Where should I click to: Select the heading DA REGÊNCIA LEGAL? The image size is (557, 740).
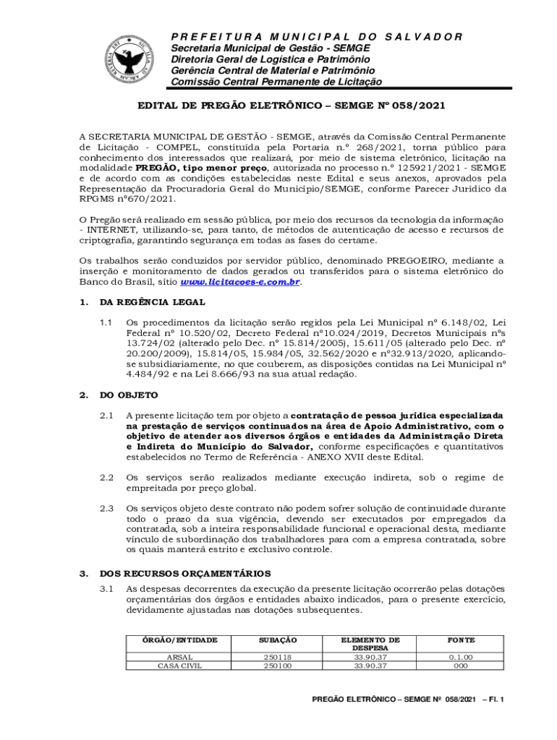(x=143, y=302)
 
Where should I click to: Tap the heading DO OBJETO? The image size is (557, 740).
(x=128, y=395)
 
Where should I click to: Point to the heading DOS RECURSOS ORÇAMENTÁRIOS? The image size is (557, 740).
(x=185, y=574)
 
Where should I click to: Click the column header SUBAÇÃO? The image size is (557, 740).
(x=278, y=640)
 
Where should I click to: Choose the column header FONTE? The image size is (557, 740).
(x=461, y=640)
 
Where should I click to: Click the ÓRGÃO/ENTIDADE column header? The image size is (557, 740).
(x=180, y=640)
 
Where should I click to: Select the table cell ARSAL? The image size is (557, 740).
(x=179, y=658)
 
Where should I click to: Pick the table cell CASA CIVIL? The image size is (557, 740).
(x=179, y=666)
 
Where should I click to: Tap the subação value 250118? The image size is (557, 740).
(x=278, y=658)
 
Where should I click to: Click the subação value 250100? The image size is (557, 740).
(x=278, y=666)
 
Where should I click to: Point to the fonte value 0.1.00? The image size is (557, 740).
(x=461, y=658)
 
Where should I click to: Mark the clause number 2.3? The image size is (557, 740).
(x=106, y=509)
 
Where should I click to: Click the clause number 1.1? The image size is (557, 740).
(x=106, y=322)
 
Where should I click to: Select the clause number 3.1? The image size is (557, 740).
(x=106, y=590)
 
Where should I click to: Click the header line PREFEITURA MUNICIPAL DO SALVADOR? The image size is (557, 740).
(x=316, y=37)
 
